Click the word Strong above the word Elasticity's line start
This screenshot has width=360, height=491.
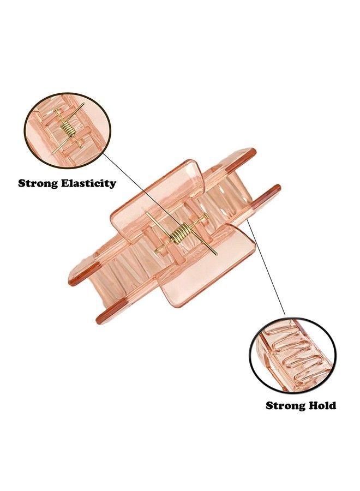click(x=38, y=183)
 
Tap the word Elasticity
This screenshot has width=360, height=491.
click(x=88, y=183)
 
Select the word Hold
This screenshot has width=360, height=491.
click(x=322, y=405)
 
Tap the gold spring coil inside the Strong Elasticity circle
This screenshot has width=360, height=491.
click(x=69, y=129)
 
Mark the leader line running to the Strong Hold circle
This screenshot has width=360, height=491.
click(x=266, y=266)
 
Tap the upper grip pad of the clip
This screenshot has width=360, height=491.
click(x=157, y=200)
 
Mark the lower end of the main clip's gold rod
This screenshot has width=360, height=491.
click(x=217, y=254)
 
